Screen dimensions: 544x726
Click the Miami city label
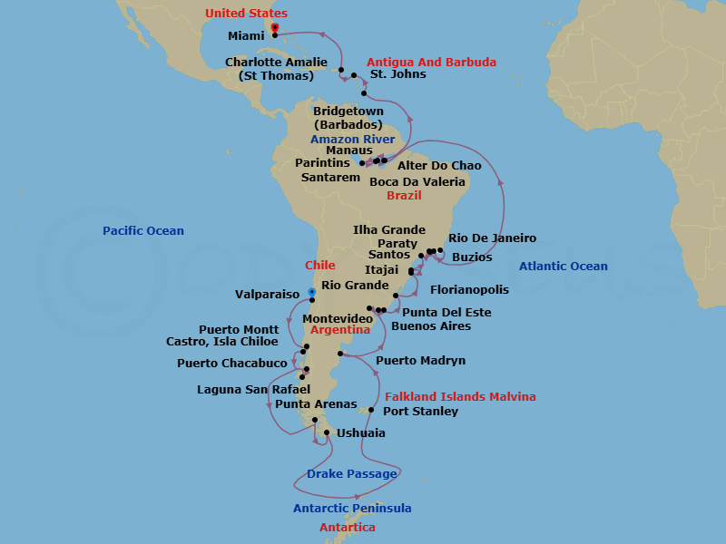(x=247, y=35)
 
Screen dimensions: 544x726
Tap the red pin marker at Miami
(x=275, y=28)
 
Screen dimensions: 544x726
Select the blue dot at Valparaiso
(x=311, y=292)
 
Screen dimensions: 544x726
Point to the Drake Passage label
(x=351, y=474)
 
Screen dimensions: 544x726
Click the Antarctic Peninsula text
(x=352, y=509)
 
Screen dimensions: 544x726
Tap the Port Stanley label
(x=420, y=412)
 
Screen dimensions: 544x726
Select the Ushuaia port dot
(x=327, y=432)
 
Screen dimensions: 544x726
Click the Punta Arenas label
(x=316, y=404)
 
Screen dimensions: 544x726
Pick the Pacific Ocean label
(x=143, y=231)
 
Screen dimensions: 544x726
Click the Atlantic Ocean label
(x=564, y=267)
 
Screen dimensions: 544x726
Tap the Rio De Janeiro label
(x=493, y=238)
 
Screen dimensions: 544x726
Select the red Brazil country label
(x=405, y=196)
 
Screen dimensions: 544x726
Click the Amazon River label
(x=353, y=140)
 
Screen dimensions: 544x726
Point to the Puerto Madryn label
(x=420, y=361)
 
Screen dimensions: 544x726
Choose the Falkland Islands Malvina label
(x=460, y=397)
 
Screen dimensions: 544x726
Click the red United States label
(x=246, y=14)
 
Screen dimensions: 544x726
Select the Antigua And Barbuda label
(x=431, y=63)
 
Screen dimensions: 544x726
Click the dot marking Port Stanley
(x=371, y=410)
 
